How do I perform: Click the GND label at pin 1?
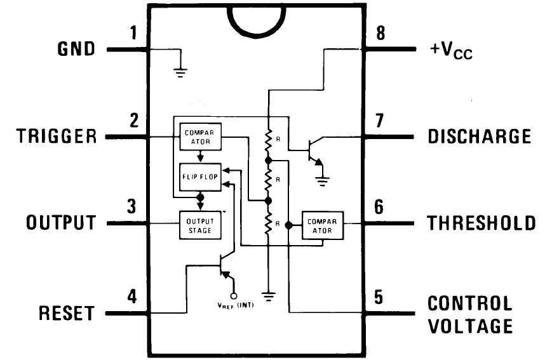(x=76, y=48)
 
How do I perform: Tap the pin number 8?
(x=381, y=34)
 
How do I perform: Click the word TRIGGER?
(x=57, y=137)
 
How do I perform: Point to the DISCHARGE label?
(x=479, y=137)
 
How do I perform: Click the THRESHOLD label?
(x=481, y=223)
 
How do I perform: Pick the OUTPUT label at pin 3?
(x=61, y=223)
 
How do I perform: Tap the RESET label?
(x=67, y=313)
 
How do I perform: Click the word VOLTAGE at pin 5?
(x=469, y=326)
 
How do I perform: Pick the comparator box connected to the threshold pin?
(x=322, y=225)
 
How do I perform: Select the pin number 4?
(x=131, y=296)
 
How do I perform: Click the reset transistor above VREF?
(x=224, y=267)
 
